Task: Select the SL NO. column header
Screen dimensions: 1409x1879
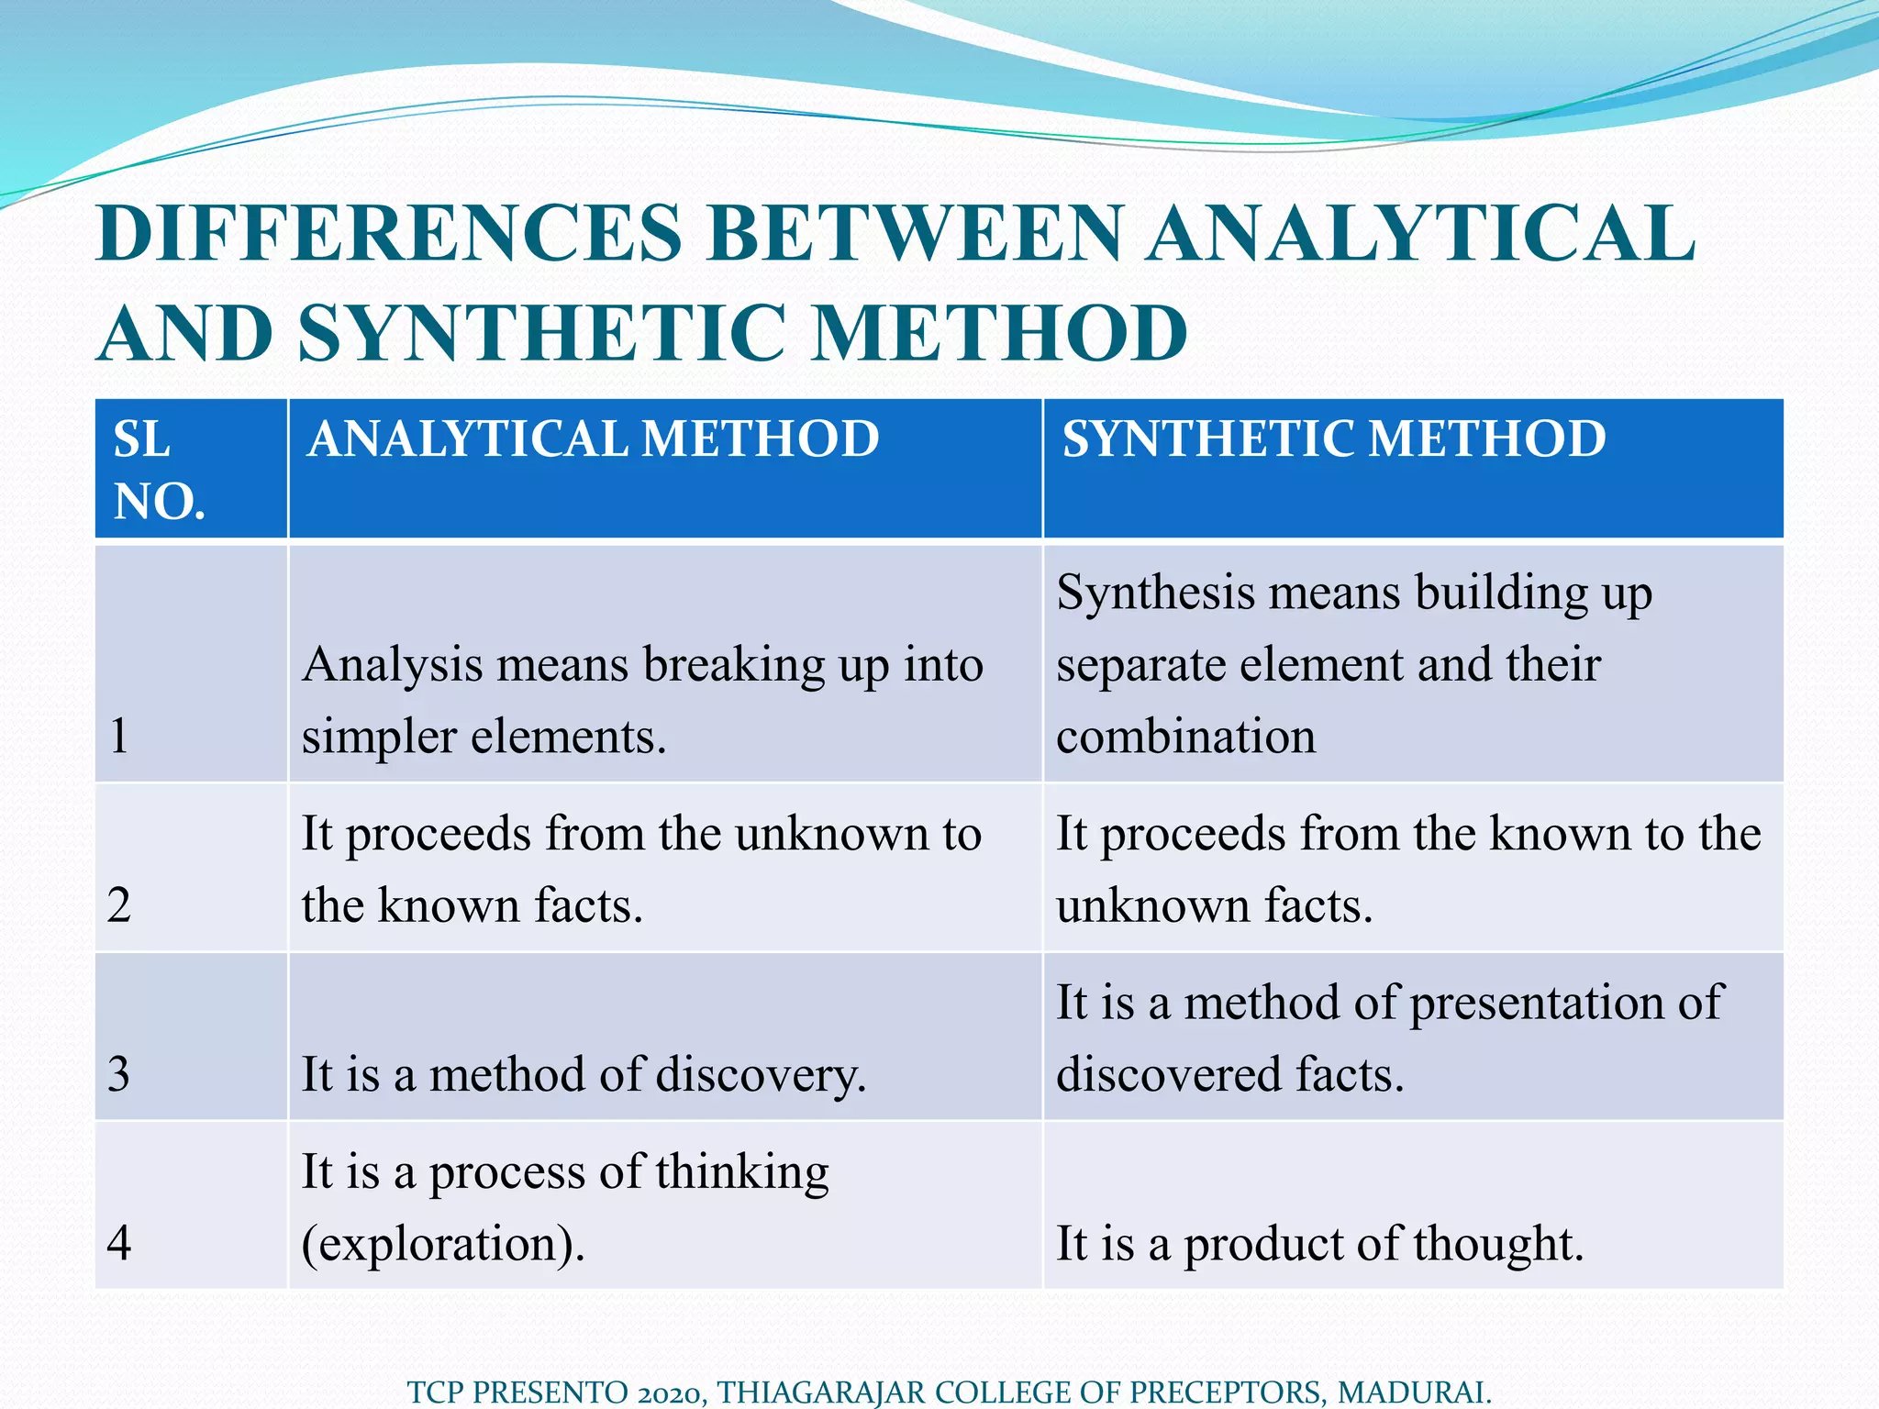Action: (x=158, y=470)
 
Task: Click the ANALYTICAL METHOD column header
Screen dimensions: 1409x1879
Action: (x=594, y=438)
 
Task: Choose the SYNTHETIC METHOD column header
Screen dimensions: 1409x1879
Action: (x=1334, y=438)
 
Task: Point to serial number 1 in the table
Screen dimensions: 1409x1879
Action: (x=119, y=736)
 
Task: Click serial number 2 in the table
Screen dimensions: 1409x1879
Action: (x=119, y=905)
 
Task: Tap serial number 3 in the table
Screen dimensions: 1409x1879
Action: (x=119, y=1074)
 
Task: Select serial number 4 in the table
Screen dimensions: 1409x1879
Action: (x=119, y=1244)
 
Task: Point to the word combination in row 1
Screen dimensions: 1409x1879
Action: (x=1185, y=737)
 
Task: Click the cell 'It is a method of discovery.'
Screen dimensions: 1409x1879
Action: (x=584, y=1074)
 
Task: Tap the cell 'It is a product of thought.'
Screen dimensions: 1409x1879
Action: (x=1319, y=1244)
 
